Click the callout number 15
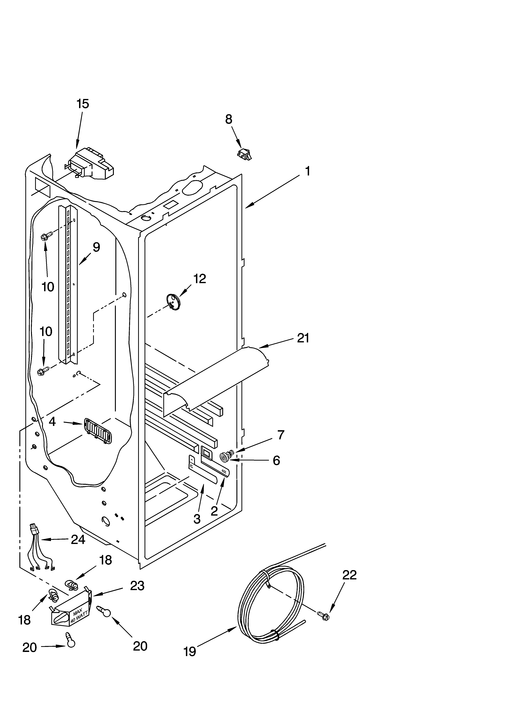[x=83, y=104]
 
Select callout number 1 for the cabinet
[x=307, y=171]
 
